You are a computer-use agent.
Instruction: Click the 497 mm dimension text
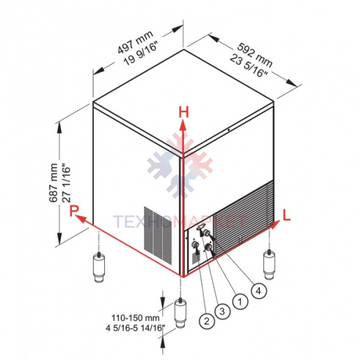[x=135, y=42]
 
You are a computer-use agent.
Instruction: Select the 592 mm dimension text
[x=255, y=55]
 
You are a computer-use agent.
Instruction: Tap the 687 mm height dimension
[x=53, y=183]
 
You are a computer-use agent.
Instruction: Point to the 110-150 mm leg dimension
[x=136, y=318]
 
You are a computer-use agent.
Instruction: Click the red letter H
[x=183, y=112]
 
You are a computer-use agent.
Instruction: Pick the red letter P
[x=74, y=210]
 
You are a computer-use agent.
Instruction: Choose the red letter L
[x=286, y=215]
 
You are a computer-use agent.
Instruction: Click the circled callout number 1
[x=240, y=301]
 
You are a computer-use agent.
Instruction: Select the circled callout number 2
[x=207, y=321]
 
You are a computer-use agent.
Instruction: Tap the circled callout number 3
[x=222, y=311]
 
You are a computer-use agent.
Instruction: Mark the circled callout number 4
[x=259, y=291]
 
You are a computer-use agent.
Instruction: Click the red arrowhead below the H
[x=183, y=126]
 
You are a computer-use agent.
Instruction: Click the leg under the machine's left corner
[x=99, y=267]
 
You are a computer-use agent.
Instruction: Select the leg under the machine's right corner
[x=269, y=265]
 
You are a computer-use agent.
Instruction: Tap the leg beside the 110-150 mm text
[x=181, y=313]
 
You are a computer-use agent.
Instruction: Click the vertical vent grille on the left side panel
[x=158, y=235]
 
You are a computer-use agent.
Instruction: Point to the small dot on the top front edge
[x=229, y=130]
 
